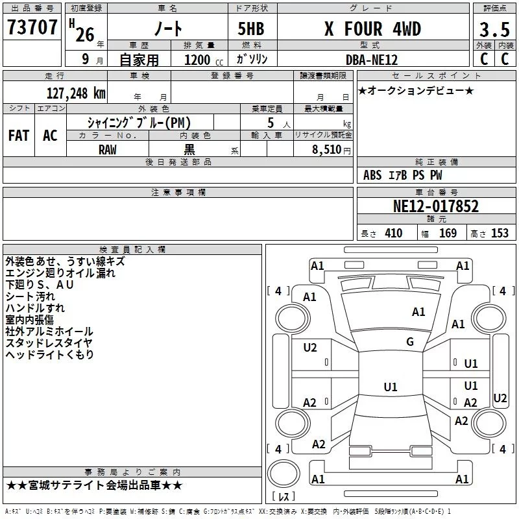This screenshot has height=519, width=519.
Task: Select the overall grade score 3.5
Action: click(x=494, y=30)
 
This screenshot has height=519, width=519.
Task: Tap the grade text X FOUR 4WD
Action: click(x=372, y=29)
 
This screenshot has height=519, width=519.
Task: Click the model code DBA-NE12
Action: click(x=372, y=60)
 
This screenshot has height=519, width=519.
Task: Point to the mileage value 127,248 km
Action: click(x=75, y=93)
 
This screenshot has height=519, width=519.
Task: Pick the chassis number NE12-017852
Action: click(x=436, y=206)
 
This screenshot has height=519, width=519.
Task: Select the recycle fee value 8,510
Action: click(x=325, y=149)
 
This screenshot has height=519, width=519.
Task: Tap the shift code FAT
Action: click(x=19, y=135)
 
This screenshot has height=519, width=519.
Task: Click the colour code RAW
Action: click(x=108, y=149)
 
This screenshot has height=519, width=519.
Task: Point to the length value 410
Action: click(x=393, y=234)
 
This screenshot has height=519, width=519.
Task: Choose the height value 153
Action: click(x=500, y=234)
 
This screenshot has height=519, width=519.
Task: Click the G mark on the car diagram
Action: click(x=410, y=342)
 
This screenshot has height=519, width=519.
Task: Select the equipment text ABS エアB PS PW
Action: click(x=403, y=175)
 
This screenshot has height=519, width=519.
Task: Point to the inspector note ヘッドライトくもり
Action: click(x=50, y=355)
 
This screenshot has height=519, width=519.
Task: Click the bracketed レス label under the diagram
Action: click(x=284, y=496)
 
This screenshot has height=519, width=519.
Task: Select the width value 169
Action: click(x=448, y=234)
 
